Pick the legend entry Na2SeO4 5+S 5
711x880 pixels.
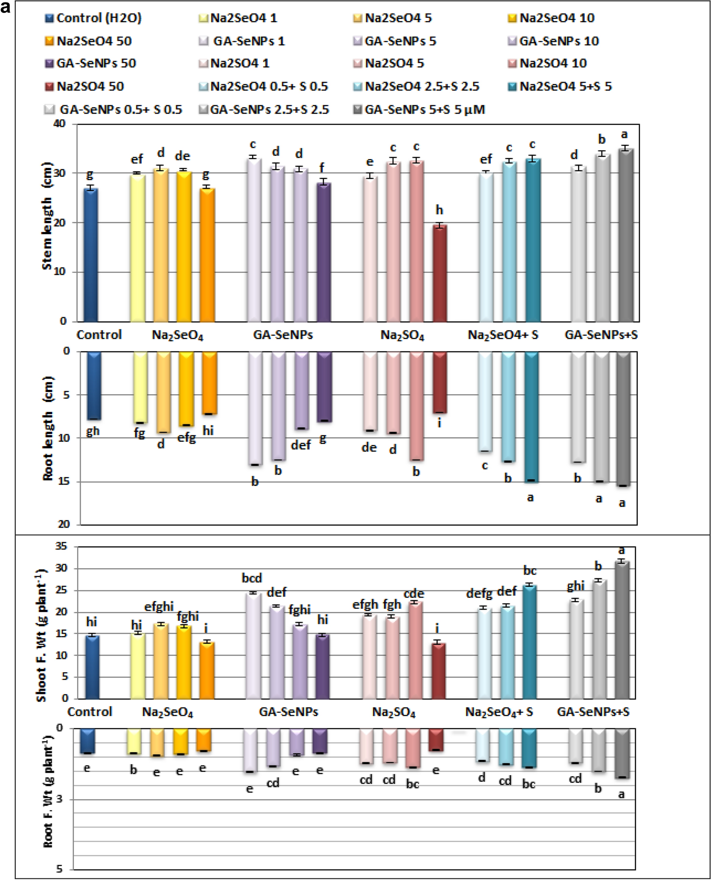[566, 86]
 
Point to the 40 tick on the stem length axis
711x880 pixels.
[60, 124]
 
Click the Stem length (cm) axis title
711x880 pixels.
[47, 216]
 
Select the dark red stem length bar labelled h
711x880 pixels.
[440, 273]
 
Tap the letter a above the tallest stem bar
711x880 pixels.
[624, 134]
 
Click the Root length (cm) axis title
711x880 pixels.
[48, 428]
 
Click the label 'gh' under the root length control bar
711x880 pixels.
[92, 431]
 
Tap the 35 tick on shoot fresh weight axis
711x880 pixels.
[61, 546]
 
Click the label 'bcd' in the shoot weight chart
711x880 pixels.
[251, 578]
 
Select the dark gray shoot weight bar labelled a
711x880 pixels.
[622, 630]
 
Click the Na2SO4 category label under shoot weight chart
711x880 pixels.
[394, 712]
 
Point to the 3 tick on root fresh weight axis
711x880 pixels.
[59, 799]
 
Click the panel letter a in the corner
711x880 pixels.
[6, 7]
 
